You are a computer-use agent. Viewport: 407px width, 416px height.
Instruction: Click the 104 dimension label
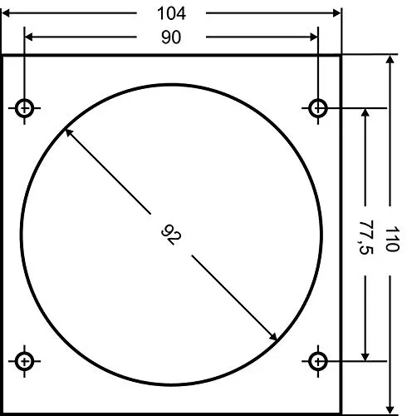pyautogui.click(x=171, y=13)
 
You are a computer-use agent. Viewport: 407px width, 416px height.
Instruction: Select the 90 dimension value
pyautogui.click(x=171, y=37)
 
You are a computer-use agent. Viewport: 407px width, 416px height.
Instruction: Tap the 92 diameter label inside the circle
pyautogui.click(x=172, y=235)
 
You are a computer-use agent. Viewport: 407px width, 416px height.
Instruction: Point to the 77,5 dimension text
pyautogui.click(x=365, y=237)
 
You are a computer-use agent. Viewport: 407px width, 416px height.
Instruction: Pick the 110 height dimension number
pyautogui.click(x=392, y=239)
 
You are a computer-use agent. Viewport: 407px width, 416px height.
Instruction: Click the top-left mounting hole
pyautogui.click(x=24, y=108)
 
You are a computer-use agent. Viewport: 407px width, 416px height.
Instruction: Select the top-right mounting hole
pyautogui.click(x=317, y=108)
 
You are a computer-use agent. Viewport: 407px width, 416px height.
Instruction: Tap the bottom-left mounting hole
pyautogui.click(x=24, y=361)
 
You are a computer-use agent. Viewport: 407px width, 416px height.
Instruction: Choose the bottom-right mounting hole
pyautogui.click(x=317, y=361)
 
